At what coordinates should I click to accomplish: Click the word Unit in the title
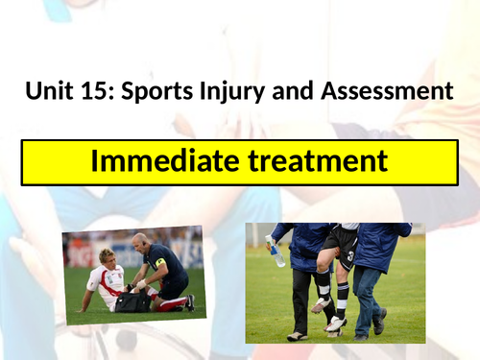click(x=48, y=92)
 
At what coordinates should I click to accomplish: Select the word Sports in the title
click(x=154, y=92)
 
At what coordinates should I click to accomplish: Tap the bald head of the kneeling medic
click(x=141, y=240)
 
